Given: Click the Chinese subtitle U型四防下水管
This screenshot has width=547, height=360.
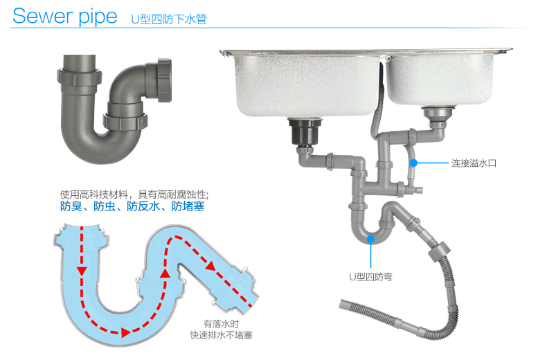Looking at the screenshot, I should pos(168,19).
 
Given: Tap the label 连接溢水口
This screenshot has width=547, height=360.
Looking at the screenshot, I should pos(474,164).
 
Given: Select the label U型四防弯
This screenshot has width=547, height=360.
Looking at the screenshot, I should pos(370,276).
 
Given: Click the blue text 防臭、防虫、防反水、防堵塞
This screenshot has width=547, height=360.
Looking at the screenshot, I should pos(132,206).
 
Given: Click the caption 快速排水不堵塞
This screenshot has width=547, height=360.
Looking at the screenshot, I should pos(222,336).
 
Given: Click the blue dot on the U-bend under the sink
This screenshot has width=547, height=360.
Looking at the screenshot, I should pos(371,239).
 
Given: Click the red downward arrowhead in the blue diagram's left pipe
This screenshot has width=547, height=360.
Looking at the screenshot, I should pos(82,270).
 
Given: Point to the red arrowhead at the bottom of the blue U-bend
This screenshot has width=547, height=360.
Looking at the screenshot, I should pos(125,333).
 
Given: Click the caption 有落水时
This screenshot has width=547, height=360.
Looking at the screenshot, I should pos(221,323).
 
